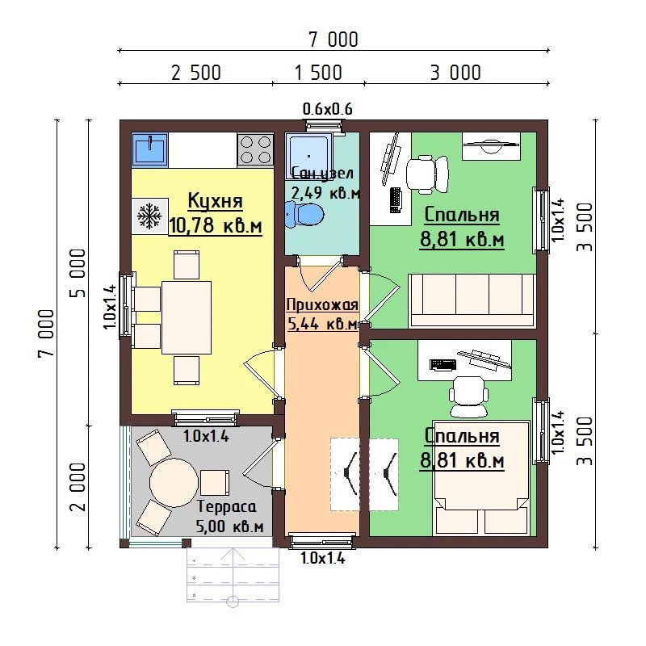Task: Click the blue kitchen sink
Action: pyautogui.click(x=149, y=149)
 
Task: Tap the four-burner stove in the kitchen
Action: pyautogui.click(x=255, y=149)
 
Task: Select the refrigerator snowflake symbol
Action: pyautogui.click(x=149, y=216)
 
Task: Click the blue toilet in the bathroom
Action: pyautogui.click(x=304, y=214)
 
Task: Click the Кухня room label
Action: pyautogui.click(x=215, y=201)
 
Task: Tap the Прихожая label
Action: pyautogui.click(x=322, y=305)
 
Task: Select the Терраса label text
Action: pyautogui.click(x=227, y=507)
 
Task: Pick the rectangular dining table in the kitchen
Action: pyautogui.click(x=187, y=317)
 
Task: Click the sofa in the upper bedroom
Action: pyautogui.click(x=472, y=301)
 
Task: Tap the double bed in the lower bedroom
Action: pyautogui.click(x=480, y=478)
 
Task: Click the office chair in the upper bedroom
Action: pyautogui.click(x=427, y=174)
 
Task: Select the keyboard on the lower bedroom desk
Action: pyautogui.click(x=443, y=365)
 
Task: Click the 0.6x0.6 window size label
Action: pyautogui.click(x=328, y=109)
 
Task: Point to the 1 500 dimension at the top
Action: pyautogui.click(x=318, y=73)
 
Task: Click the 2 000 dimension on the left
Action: pyautogui.click(x=78, y=487)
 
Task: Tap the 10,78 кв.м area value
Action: pyautogui.click(x=215, y=225)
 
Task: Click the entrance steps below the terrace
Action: pyautogui.click(x=233, y=575)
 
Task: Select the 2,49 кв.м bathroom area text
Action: pyautogui.click(x=325, y=192)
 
